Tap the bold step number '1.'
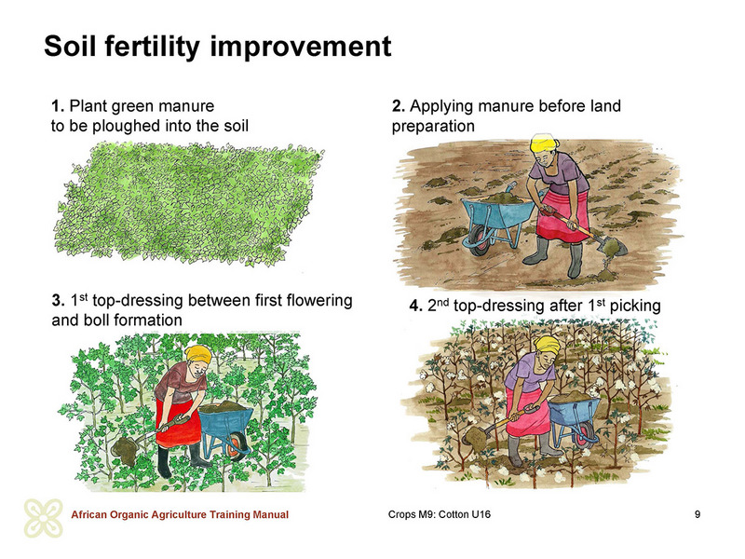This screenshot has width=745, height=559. [x=58, y=106]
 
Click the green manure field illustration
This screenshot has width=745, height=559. [x=189, y=203]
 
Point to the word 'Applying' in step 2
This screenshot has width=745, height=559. [x=440, y=107]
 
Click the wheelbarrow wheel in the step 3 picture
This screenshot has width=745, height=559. [x=237, y=448]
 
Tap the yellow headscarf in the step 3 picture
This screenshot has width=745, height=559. [x=198, y=353]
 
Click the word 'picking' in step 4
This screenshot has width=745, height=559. [x=635, y=307]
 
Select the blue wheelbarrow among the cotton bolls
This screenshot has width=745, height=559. [x=573, y=419]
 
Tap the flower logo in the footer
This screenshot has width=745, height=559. [x=44, y=518]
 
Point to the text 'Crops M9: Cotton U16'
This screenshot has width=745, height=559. [x=440, y=515]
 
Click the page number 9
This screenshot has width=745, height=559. [x=698, y=514]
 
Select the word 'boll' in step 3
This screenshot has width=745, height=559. [x=94, y=320]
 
